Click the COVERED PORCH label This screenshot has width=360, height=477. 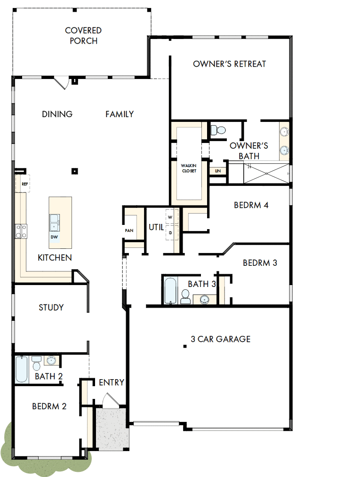click(83, 36)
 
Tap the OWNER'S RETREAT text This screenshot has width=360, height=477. click(230, 64)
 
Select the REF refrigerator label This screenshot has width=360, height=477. click(24, 184)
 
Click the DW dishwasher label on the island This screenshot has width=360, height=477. click(55, 237)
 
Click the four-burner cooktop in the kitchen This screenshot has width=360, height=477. click(21, 231)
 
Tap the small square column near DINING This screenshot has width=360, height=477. click(74, 171)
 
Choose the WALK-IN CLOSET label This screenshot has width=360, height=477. click(189, 168)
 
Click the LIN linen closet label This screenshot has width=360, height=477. click(217, 171)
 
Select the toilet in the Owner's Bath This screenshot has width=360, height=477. click(218, 130)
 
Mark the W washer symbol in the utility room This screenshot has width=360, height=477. click(170, 217)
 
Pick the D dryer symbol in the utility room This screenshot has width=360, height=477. click(170, 232)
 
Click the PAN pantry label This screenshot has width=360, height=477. click(129, 231)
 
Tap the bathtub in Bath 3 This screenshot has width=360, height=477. click(170, 291)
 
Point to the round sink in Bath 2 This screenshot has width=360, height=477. click(51, 361)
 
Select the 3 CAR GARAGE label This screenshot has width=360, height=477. click(220, 339)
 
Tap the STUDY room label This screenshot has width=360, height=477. click(51, 308)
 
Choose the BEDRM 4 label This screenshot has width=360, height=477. click(251, 205)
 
